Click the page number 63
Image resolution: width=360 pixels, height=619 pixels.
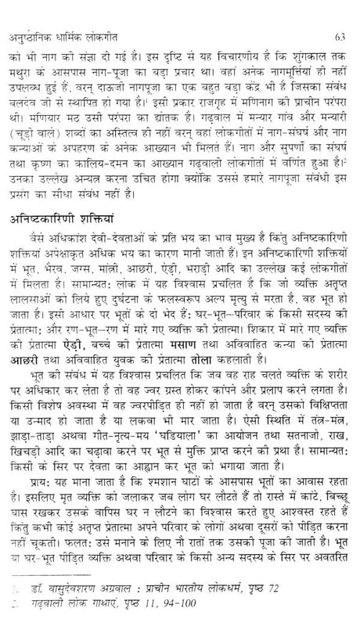[338, 13]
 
